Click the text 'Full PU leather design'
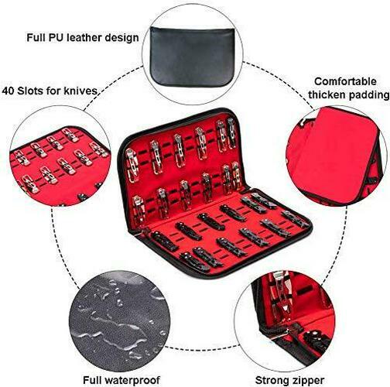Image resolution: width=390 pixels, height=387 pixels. coord(82,36)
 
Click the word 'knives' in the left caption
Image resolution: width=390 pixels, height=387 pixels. coord(82,90)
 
